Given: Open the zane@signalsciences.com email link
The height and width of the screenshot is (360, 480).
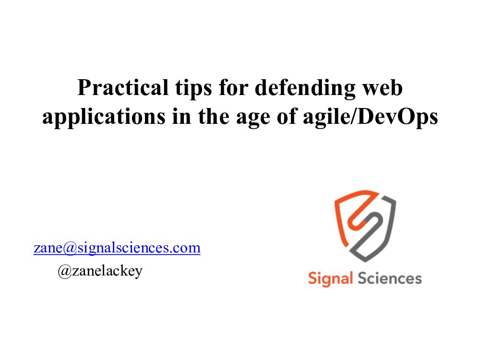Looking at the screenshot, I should pos(117,248).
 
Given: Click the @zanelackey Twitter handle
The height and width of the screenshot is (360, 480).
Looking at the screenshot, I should pos(100,271).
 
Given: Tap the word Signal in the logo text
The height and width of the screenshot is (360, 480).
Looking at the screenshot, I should pos(330,278).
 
